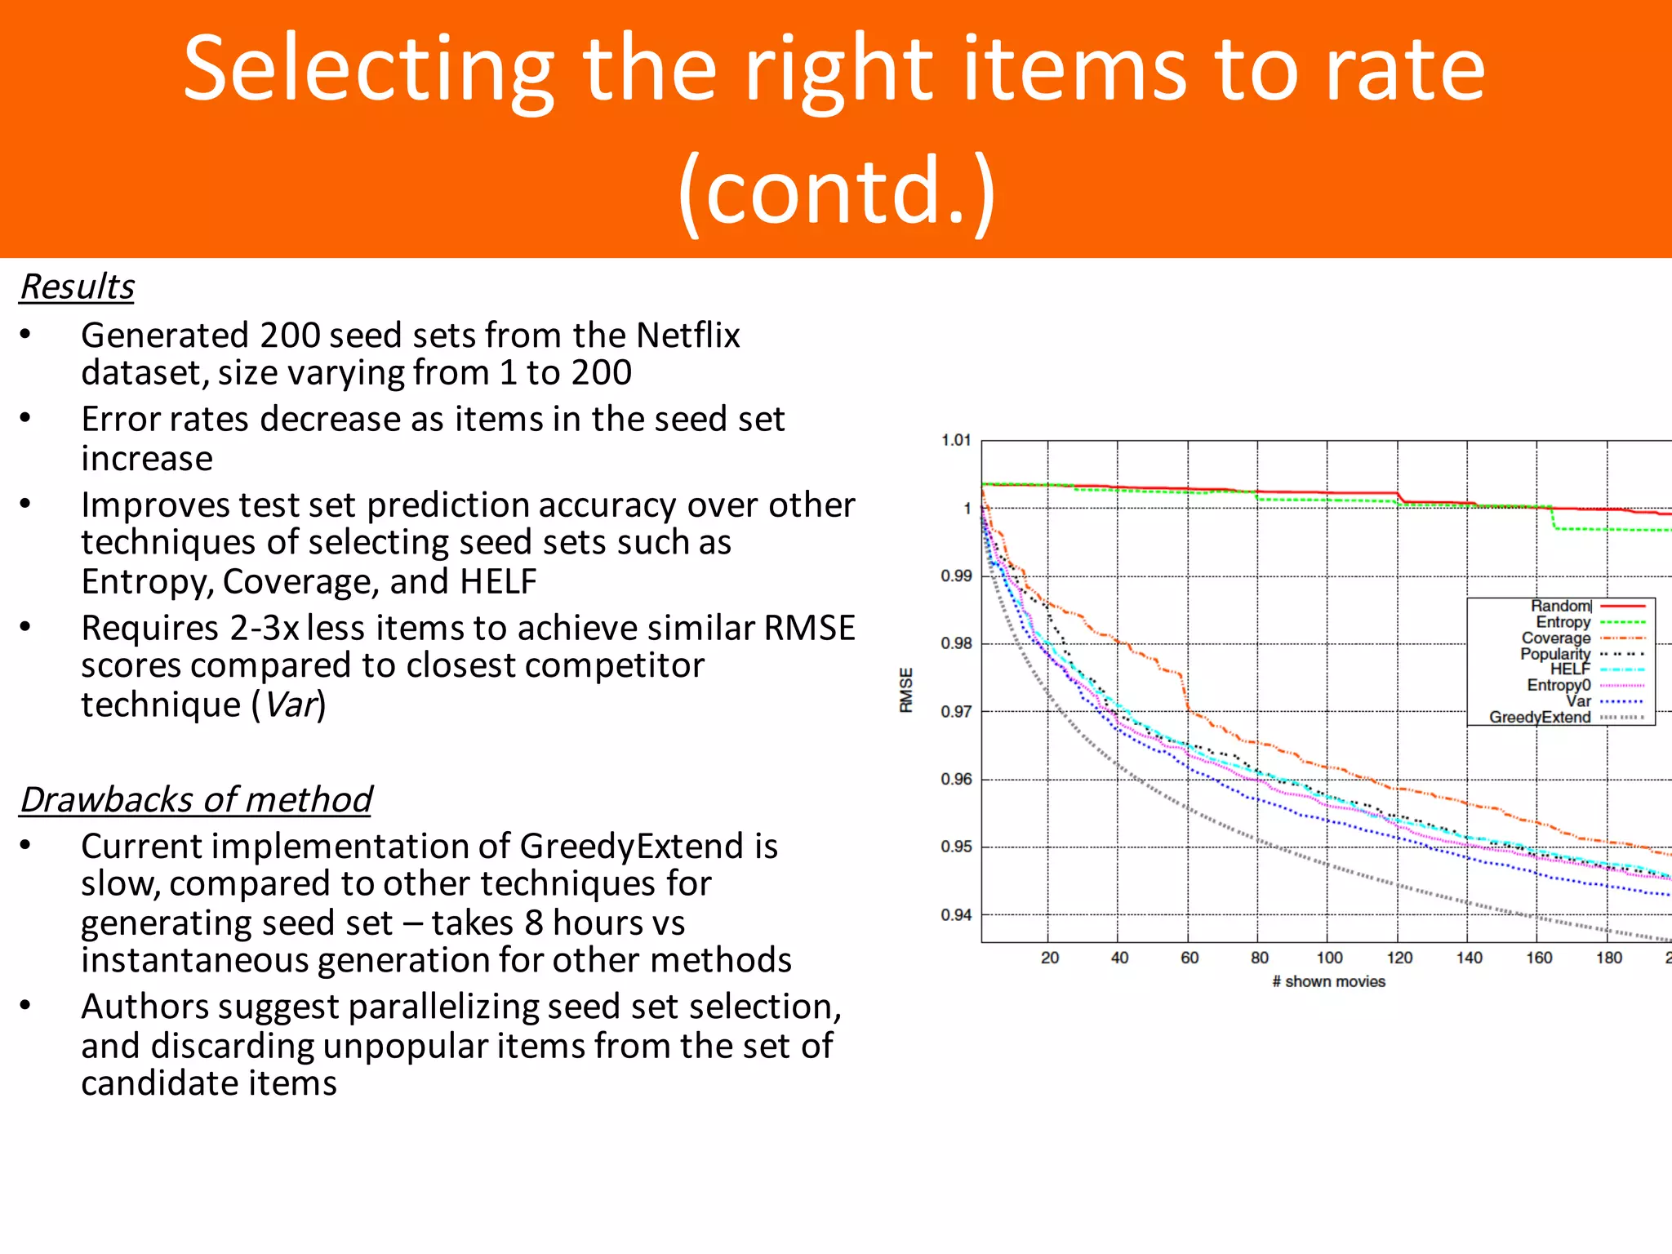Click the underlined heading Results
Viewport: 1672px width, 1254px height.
click(x=78, y=287)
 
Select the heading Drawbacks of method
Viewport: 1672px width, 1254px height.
click(x=196, y=799)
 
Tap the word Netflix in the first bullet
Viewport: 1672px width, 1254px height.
click(x=687, y=336)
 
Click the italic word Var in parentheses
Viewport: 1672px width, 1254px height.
click(x=290, y=705)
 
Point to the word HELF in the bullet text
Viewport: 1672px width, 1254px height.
click(x=498, y=581)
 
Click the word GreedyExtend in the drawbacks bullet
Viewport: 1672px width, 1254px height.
click(x=648, y=846)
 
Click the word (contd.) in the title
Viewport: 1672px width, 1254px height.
click(x=836, y=189)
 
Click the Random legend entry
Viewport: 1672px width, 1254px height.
click(x=1560, y=606)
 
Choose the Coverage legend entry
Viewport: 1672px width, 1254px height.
click(x=1556, y=638)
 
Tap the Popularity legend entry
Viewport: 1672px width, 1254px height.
click(x=1555, y=654)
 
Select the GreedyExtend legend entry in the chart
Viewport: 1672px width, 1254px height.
click(x=1540, y=717)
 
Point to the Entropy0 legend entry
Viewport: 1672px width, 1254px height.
click(x=1559, y=685)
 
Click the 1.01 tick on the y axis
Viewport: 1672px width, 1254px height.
click(x=956, y=440)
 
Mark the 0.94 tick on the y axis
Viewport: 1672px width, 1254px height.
click(x=956, y=915)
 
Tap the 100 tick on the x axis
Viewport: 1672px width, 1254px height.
click(x=1329, y=958)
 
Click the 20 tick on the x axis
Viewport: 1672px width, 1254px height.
click(x=1050, y=958)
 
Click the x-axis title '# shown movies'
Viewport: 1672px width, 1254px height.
click(x=1328, y=981)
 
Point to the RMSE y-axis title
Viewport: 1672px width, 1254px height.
click(x=906, y=690)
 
